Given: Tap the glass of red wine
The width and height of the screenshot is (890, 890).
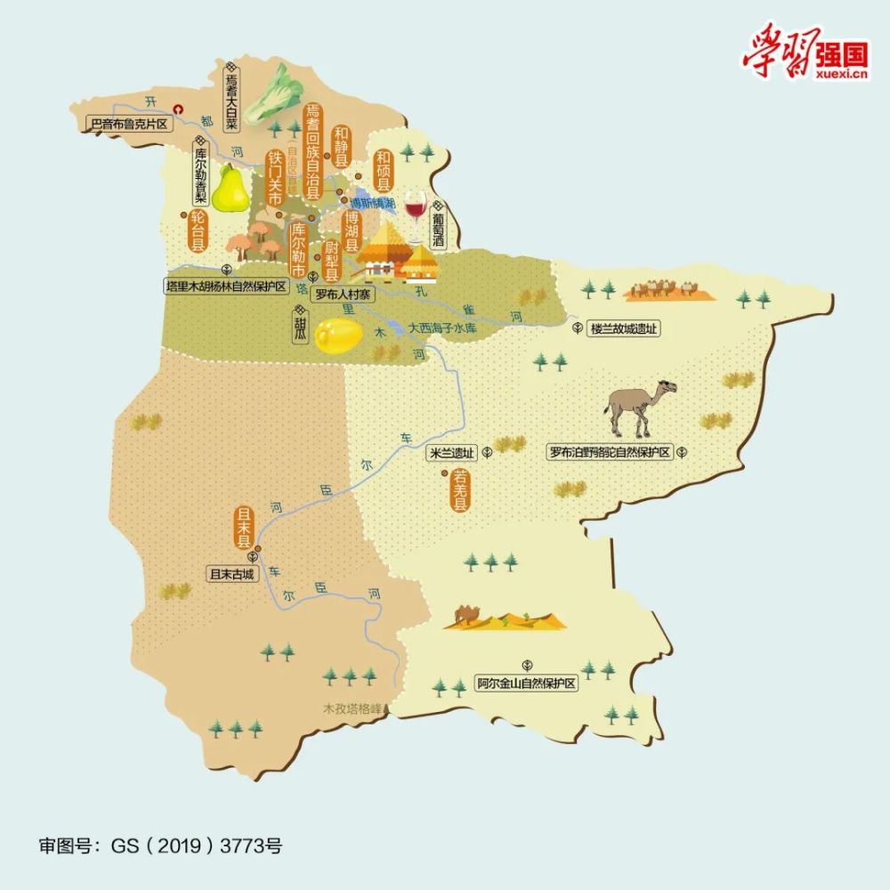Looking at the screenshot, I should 414,207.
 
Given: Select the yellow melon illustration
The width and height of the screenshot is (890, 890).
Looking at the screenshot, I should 339,335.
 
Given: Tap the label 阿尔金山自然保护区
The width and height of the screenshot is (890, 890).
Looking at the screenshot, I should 526,684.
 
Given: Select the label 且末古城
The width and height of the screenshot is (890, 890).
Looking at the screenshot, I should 231,574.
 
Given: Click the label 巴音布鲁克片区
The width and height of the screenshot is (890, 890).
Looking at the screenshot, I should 129,124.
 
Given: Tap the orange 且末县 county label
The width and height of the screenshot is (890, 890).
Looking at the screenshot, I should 242,526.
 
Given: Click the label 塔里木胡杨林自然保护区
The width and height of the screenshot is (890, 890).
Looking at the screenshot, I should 226,287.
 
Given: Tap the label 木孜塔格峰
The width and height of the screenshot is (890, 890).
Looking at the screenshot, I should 352,709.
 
